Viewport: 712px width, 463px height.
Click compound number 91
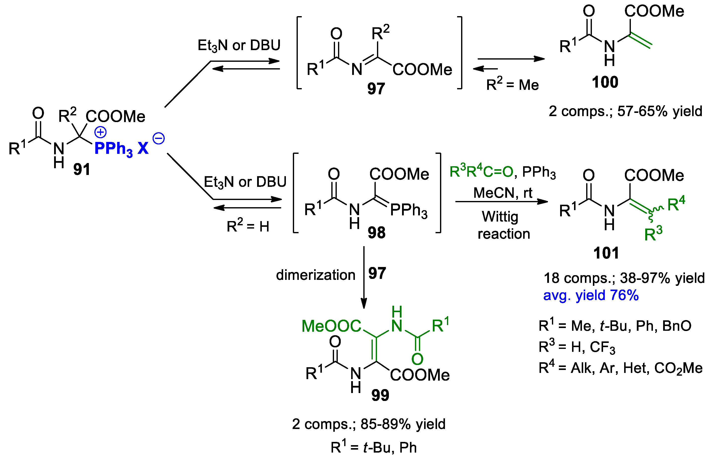pyautogui.click(x=82, y=169)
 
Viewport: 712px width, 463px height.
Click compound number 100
pyautogui.click(x=605, y=82)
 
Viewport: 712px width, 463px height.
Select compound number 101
pyautogui.click(x=606, y=253)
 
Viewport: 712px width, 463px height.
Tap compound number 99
pyautogui.click(x=380, y=395)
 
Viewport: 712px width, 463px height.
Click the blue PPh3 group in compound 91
pyautogui.click(x=113, y=149)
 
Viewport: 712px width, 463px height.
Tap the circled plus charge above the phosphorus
pyautogui.click(x=101, y=132)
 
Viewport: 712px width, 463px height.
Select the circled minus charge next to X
pyautogui.click(x=159, y=138)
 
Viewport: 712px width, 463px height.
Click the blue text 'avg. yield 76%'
pyautogui.click(x=591, y=295)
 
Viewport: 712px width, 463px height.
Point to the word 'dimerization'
pyautogui.click(x=315, y=275)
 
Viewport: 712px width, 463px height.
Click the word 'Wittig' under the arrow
pyautogui.click(x=500, y=217)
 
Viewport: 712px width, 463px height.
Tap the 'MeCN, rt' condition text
pyautogui.click(x=503, y=193)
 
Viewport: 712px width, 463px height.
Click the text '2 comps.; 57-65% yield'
pyautogui.click(x=625, y=111)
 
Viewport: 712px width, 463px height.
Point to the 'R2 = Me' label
pyautogui.click(x=512, y=85)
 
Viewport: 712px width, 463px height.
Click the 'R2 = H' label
pyautogui.click(x=248, y=226)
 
